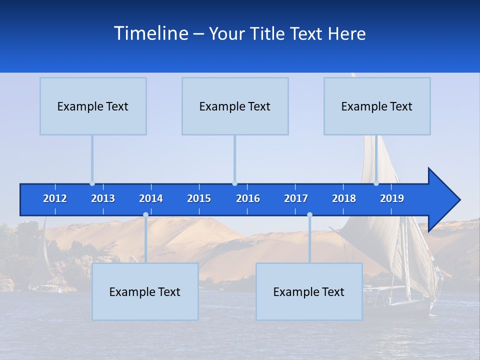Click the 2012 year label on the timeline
55,199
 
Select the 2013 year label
103,199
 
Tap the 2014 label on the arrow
151,199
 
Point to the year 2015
199,199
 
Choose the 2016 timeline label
248,199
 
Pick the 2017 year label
296,199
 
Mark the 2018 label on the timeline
344,199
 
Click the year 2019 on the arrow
392,199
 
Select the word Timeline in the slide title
150,33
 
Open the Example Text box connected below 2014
145,292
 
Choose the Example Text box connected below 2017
309,292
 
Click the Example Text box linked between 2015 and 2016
235,106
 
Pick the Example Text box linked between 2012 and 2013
93,106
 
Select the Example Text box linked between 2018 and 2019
377,106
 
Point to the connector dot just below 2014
145,215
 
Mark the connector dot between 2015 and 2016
234,183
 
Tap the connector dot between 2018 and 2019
376,183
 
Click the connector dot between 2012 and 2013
92,183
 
